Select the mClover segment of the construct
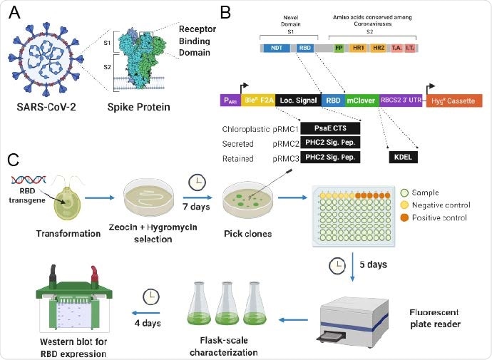[x=362, y=101]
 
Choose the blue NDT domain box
[x=276, y=48]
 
